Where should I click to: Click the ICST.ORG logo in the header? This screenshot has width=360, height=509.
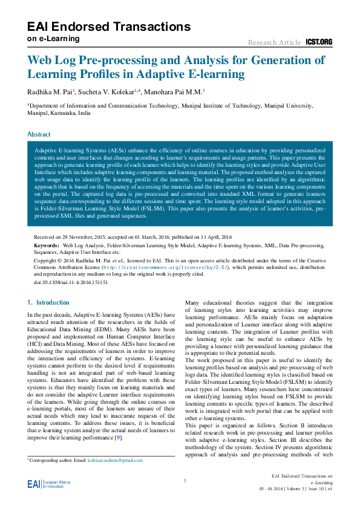(x=319, y=42)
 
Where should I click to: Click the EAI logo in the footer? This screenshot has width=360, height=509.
(x=34, y=484)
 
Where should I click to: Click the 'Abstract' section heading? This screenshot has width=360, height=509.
(x=39, y=134)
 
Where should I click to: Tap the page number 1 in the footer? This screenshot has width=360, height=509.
(x=184, y=481)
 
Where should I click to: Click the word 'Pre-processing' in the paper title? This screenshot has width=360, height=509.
(x=123, y=60)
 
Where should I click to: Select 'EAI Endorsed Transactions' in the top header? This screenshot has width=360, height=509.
(x=109, y=27)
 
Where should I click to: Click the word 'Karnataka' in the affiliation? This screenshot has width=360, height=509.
(x=64, y=112)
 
